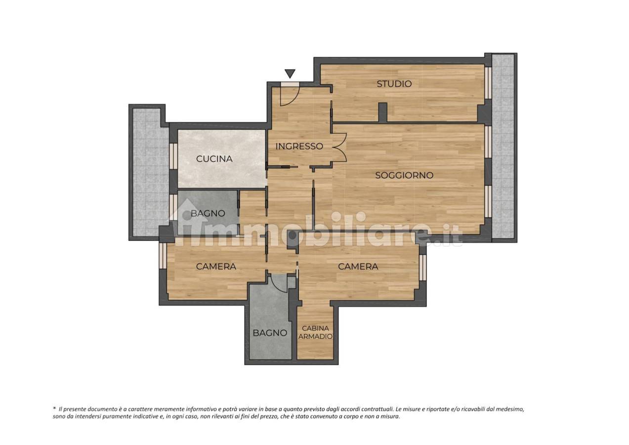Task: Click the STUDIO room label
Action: (394, 84)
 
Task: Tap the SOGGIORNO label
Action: (404, 176)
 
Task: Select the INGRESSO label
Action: (299, 146)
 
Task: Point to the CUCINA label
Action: (214, 159)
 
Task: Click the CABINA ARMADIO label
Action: (315, 332)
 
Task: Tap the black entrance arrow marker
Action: (290, 74)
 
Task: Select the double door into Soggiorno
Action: (339, 147)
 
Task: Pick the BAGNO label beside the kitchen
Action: (208, 214)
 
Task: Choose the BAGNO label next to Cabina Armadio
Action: (270, 333)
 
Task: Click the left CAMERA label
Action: (216, 267)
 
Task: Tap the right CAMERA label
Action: (358, 267)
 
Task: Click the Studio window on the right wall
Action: (488, 83)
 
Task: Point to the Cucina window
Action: (174, 156)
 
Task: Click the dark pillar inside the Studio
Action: (382, 112)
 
